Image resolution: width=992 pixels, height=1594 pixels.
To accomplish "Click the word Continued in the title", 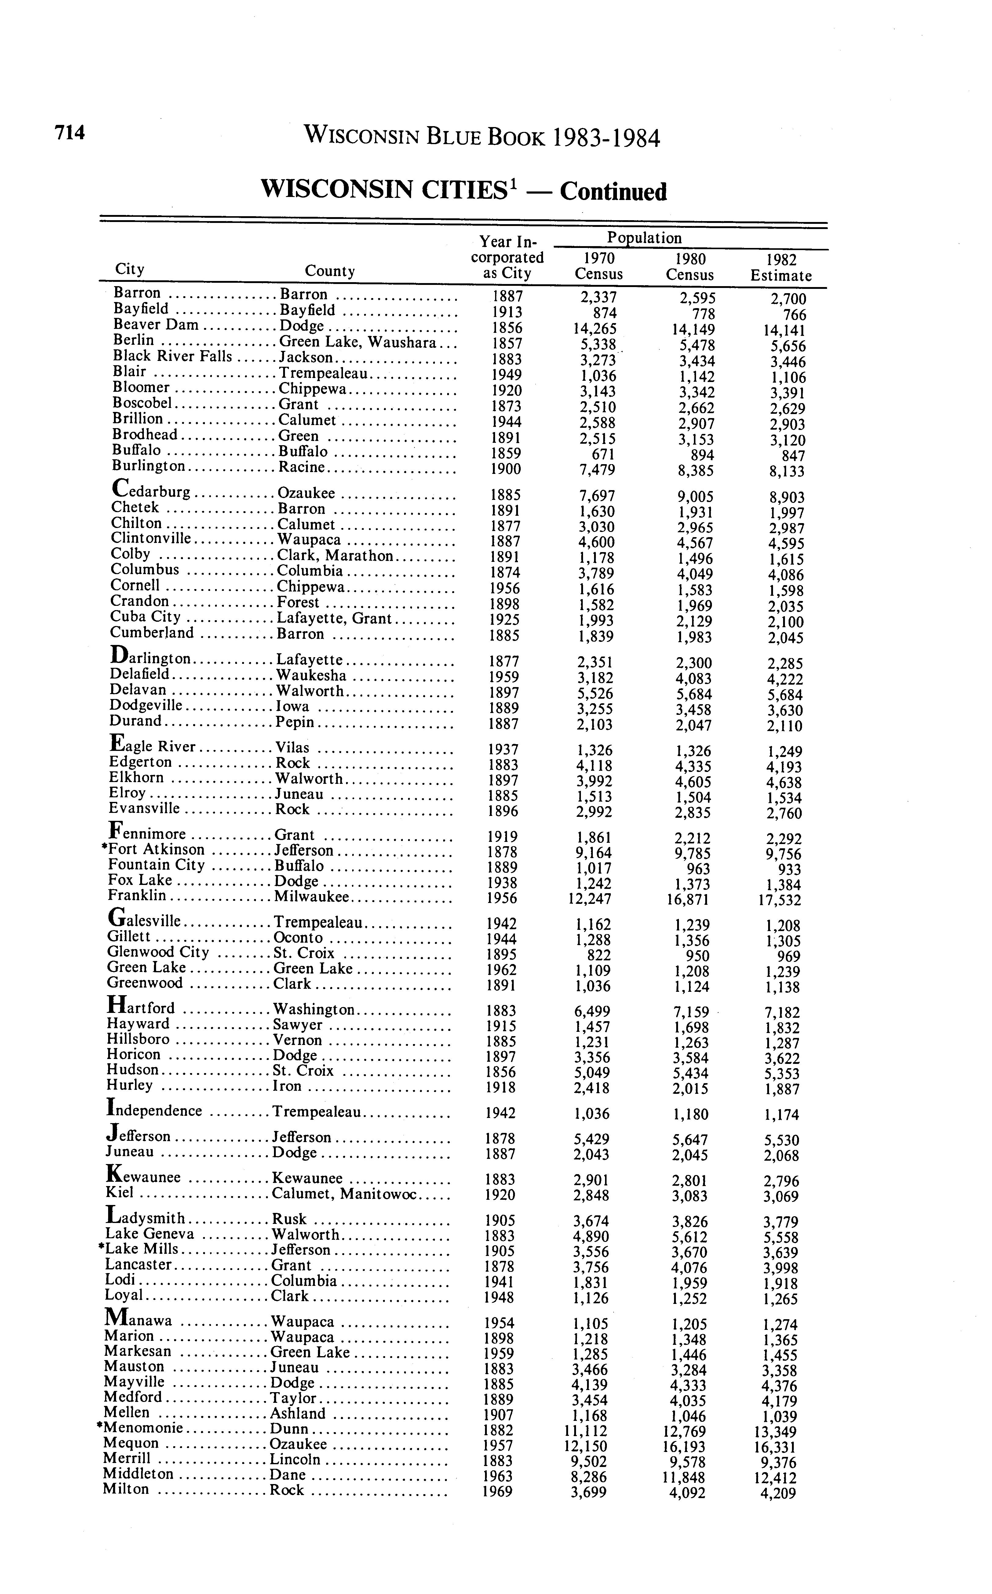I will (614, 191).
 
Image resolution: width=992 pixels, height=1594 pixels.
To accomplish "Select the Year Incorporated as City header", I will (507, 258).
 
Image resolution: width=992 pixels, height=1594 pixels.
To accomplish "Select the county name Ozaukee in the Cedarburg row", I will (306, 493).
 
